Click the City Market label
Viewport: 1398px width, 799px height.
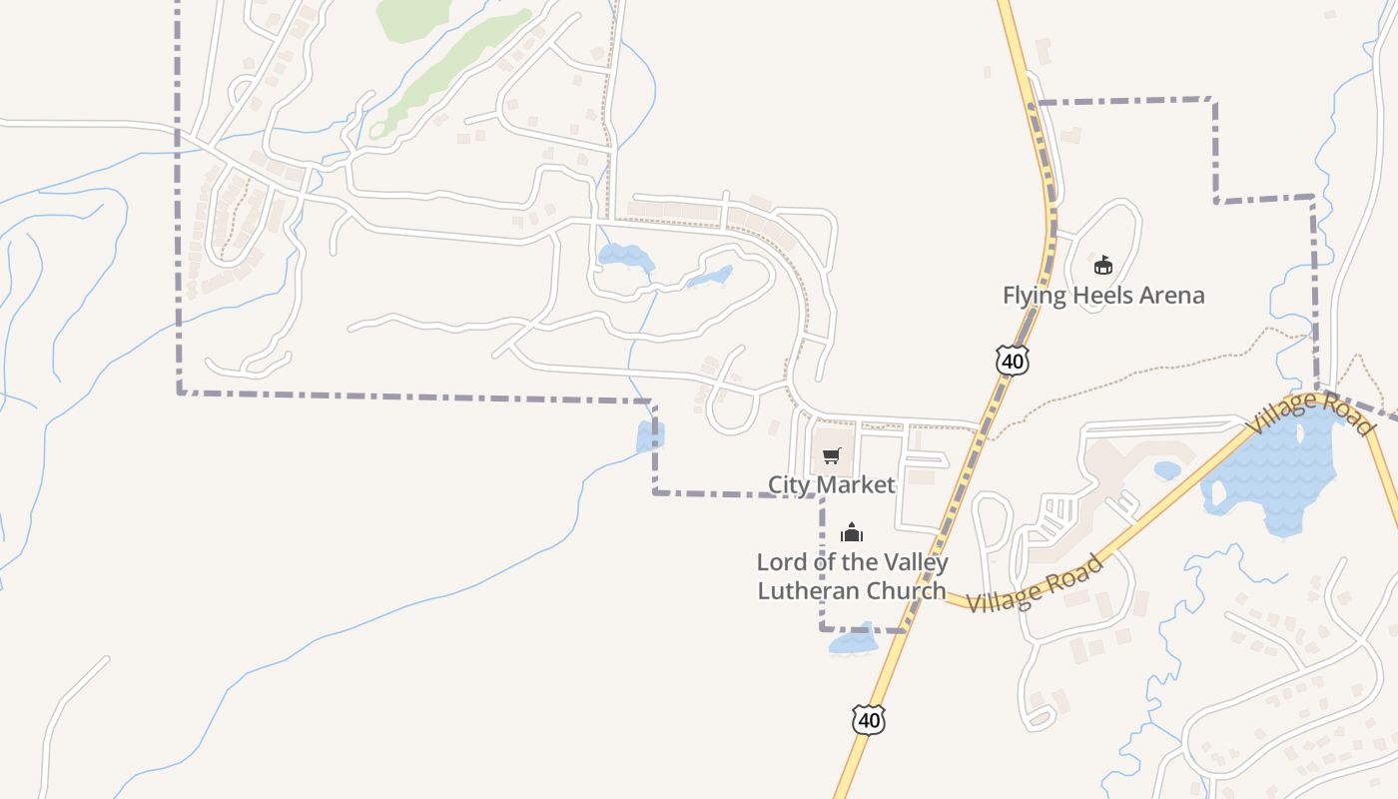[x=831, y=484]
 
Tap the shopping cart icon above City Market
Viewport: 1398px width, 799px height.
[x=831, y=456]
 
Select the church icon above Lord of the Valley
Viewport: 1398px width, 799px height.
[x=851, y=532]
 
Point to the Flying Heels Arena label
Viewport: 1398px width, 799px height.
[x=1103, y=296]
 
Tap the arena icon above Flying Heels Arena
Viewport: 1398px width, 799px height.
[x=1102, y=265]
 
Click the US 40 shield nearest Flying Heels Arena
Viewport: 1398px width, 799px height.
[x=1013, y=360]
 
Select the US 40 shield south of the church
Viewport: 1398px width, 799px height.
[x=869, y=719]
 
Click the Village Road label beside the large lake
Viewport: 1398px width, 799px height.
[x=1309, y=413]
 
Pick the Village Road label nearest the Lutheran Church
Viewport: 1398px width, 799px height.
[x=1036, y=584]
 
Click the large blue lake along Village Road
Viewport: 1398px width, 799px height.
[x=1273, y=469]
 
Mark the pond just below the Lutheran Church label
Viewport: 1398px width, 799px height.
[x=852, y=641]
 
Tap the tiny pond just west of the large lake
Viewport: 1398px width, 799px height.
[x=1166, y=469]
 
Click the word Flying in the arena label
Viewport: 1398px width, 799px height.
[x=1034, y=296]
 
